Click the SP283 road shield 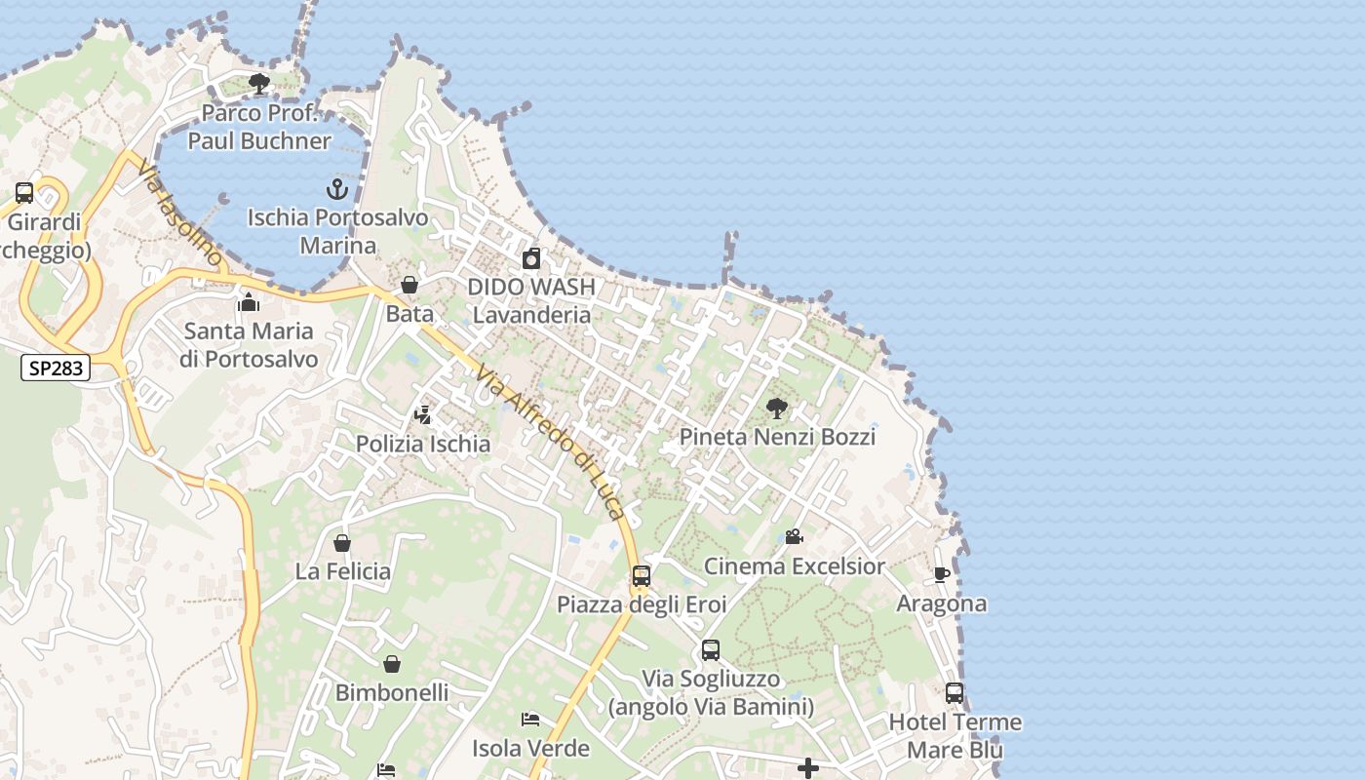tap(56, 368)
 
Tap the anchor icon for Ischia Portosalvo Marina tap(337, 188)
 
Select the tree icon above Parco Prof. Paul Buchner tap(259, 84)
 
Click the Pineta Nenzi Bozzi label tap(777, 436)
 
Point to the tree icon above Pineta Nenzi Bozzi tap(777, 409)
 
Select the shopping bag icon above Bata tap(409, 285)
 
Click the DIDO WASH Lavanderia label tap(531, 300)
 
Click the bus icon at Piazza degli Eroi tap(641, 576)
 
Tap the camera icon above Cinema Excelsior tap(794, 537)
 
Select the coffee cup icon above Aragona tap(941, 575)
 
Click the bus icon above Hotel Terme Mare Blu tap(955, 693)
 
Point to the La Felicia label tap(342, 571)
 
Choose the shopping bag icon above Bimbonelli tap(392, 665)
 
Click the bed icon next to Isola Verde tap(530, 721)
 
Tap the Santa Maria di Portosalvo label tap(249, 345)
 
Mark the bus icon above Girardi tap(24, 193)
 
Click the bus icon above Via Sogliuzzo tap(711, 650)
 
